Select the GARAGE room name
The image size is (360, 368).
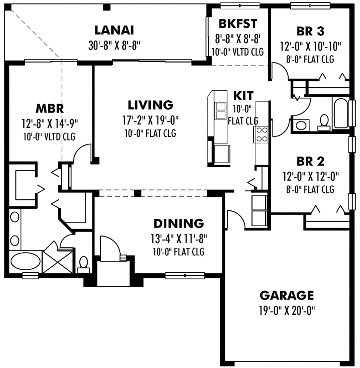click(x=287, y=296)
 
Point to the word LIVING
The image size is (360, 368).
click(x=150, y=105)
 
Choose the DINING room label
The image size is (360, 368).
click(x=178, y=223)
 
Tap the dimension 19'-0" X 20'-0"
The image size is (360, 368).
click(x=287, y=311)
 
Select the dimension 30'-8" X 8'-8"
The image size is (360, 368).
click(x=115, y=46)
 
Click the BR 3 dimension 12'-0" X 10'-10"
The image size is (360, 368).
click(x=311, y=46)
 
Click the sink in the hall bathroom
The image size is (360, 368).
click(x=301, y=124)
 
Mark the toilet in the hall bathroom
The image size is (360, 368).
click(x=324, y=122)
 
